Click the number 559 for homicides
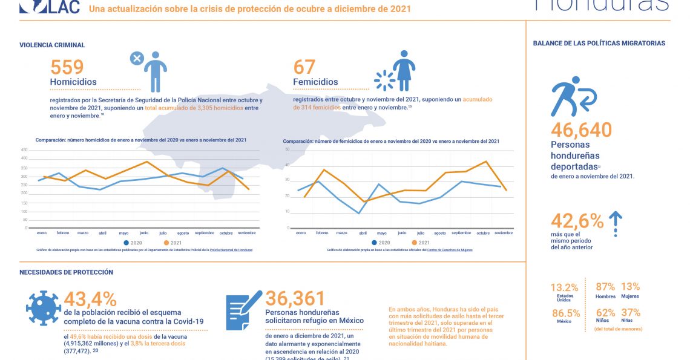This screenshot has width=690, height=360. [x=67, y=67]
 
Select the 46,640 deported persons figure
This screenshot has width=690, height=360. [x=581, y=129]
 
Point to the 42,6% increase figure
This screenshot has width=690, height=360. [x=577, y=221]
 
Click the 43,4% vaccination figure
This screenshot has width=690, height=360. [x=90, y=298]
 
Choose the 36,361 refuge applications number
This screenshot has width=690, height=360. [x=295, y=298]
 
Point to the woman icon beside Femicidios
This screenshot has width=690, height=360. [x=404, y=70]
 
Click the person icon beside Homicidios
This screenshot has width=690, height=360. [x=155, y=71]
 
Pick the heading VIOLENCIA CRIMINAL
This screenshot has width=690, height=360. [x=52, y=45]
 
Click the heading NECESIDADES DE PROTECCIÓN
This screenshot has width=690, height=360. [x=66, y=272]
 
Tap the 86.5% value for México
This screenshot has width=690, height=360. [x=565, y=313]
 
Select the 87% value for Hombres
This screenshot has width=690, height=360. [x=605, y=287]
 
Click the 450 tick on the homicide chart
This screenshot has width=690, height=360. [x=24, y=149]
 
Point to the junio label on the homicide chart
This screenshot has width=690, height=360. [x=143, y=233]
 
